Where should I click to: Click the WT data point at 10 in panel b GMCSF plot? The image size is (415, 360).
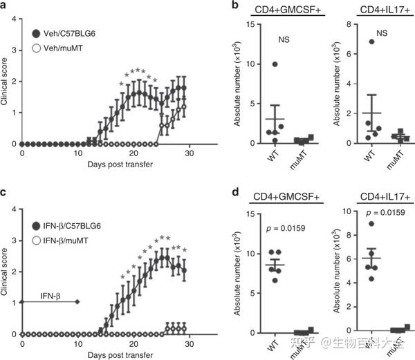click(256, 64)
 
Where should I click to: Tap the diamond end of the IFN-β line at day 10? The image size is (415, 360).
click(77, 302)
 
